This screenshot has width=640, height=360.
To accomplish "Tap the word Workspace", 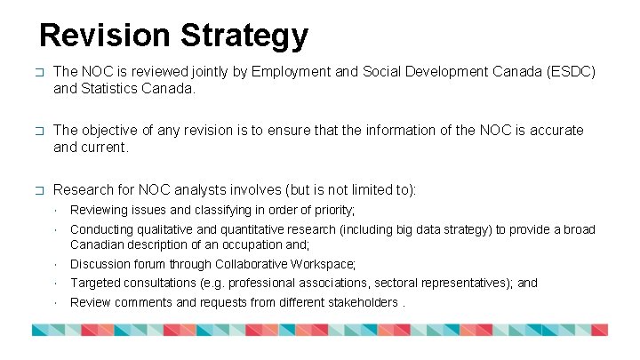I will (323, 264).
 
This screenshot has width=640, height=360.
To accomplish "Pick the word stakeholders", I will (359, 302).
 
